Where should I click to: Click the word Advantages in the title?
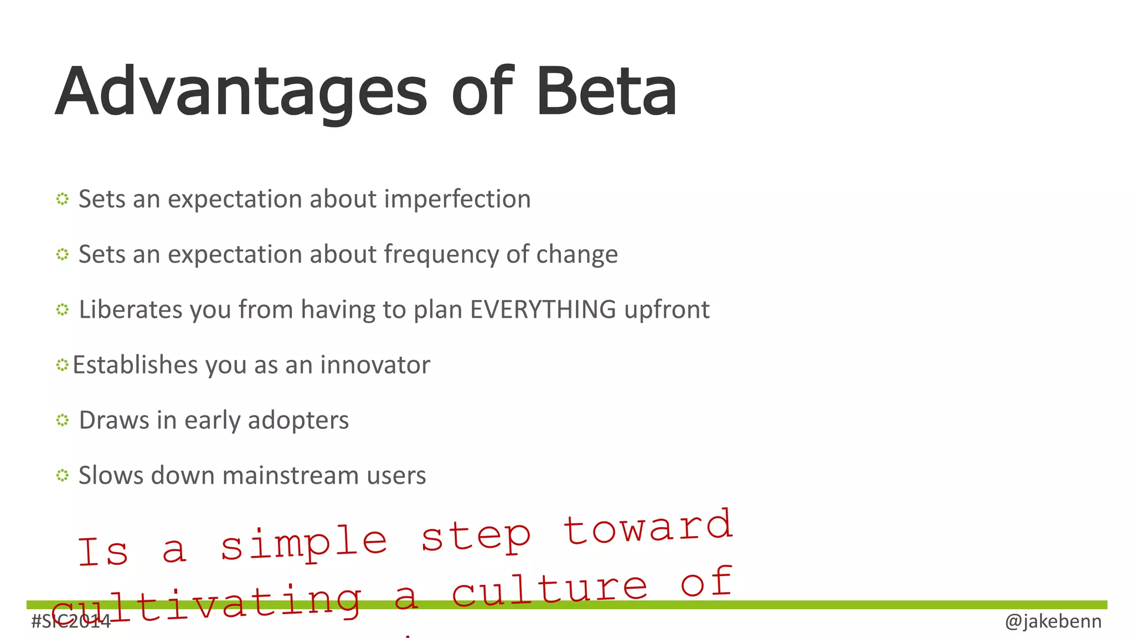241,93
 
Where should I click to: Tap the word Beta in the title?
606,92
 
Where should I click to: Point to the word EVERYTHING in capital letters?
543,310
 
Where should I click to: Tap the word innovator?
375,365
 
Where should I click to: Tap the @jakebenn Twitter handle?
1053,621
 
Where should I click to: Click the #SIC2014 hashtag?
71,621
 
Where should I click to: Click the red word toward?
648,527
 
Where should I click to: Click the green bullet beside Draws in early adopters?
62,420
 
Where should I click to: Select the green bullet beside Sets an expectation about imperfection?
62,199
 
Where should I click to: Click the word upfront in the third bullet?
666,310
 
